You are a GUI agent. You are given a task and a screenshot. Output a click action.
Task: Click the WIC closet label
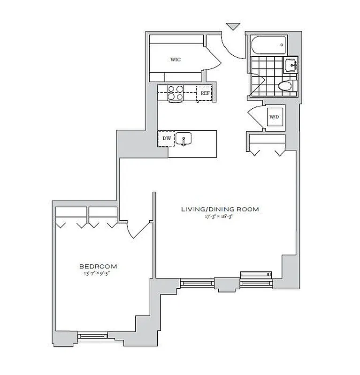point(176,60)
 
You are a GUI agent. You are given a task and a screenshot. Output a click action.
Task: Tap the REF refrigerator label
point(205,93)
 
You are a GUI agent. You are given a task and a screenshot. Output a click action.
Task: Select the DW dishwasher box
point(166,138)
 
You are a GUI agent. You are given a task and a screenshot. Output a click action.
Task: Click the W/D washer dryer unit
point(273,117)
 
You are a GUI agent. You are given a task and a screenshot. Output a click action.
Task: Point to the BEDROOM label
point(98,265)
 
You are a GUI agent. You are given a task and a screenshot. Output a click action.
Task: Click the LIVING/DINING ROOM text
point(220,209)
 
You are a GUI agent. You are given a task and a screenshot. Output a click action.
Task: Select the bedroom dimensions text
point(98,273)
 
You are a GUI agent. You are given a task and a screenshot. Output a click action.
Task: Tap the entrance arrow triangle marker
point(232,27)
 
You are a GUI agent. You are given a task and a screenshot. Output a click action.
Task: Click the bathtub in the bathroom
point(269,46)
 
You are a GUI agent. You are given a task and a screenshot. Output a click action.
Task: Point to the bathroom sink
point(291,65)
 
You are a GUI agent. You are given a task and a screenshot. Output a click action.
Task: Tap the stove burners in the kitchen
point(176,92)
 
